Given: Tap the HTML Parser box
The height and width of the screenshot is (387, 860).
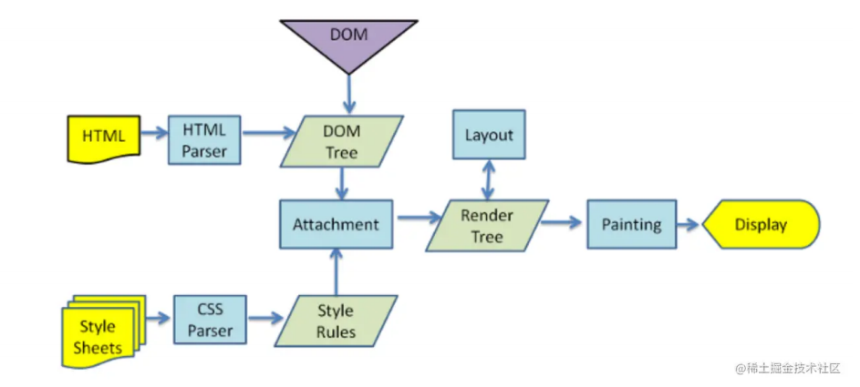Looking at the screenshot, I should click(x=204, y=140).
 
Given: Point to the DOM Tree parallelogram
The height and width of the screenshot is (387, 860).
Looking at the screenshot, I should click(x=342, y=140).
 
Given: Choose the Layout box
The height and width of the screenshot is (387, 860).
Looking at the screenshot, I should click(x=489, y=136).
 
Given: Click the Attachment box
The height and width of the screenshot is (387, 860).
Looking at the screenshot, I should click(x=336, y=224).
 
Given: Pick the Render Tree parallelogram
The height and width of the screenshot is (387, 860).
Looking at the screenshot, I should click(x=487, y=226).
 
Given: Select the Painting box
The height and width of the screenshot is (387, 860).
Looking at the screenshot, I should click(x=631, y=225).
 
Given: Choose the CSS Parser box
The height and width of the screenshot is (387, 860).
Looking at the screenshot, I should click(x=210, y=320).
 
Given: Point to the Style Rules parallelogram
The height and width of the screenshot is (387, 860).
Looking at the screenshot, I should click(x=335, y=321).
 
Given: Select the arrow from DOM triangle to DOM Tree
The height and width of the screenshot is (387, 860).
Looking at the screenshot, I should click(x=347, y=95).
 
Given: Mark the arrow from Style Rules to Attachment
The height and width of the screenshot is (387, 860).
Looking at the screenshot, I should click(x=337, y=271).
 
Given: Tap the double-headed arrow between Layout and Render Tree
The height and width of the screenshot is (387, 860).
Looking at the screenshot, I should click(x=489, y=179).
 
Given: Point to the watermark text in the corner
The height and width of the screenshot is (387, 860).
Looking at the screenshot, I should click(x=786, y=368).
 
